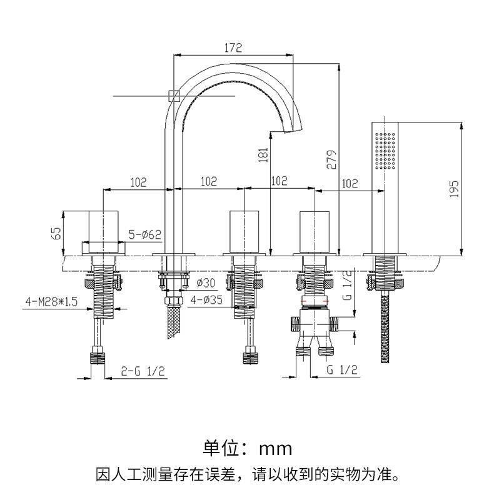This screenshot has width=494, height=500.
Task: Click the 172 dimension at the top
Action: click(x=233, y=48)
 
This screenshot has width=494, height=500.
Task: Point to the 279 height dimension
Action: click(x=332, y=159)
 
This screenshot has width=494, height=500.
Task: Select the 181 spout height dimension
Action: click(x=263, y=154)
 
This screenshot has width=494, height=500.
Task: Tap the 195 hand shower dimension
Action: click(x=454, y=189)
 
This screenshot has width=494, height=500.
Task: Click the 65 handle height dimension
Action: click(x=56, y=232)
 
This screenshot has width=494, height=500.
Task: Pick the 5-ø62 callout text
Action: click(x=145, y=235)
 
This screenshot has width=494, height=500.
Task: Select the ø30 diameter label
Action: click(x=206, y=282)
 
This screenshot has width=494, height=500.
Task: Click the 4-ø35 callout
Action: click(x=206, y=300)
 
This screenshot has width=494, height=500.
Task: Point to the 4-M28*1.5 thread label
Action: click(x=51, y=301)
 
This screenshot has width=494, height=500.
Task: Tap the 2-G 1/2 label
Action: click(x=143, y=371)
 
